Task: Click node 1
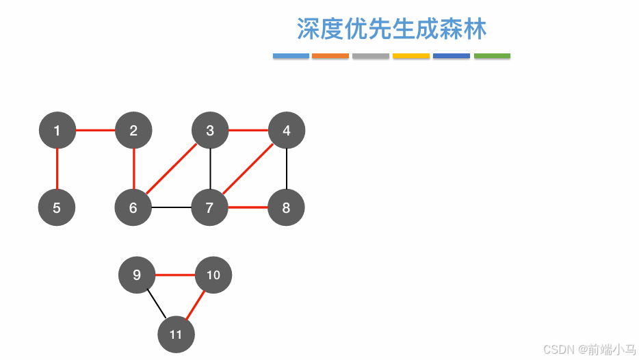click(57, 130)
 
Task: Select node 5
click(57, 207)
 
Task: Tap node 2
click(133, 130)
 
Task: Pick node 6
click(133, 207)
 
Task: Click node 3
click(210, 130)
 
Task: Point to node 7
click(210, 207)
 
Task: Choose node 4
click(287, 130)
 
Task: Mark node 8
click(287, 207)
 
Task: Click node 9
click(137, 275)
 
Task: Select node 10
click(213, 275)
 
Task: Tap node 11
click(176, 335)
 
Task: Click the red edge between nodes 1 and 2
click(95, 130)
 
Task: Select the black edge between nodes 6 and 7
click(172, 207)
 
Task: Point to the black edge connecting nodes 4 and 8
click(287, 169)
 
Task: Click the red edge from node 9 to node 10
click(175, 275)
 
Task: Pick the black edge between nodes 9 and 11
click(157, 305)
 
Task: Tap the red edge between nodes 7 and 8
click(248, 207)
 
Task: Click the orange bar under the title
click(330, 56)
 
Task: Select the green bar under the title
click(492, 56)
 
